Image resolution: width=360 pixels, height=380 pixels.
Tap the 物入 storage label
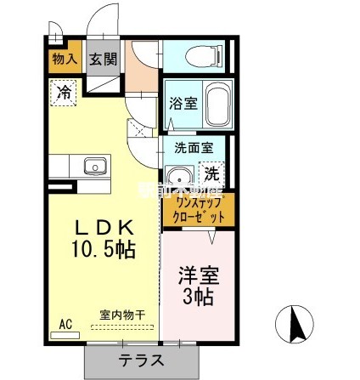65,59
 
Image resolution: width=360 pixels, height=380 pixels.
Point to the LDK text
104,228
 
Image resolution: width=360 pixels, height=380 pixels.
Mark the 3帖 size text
197,298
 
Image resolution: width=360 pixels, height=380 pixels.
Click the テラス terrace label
141,360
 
